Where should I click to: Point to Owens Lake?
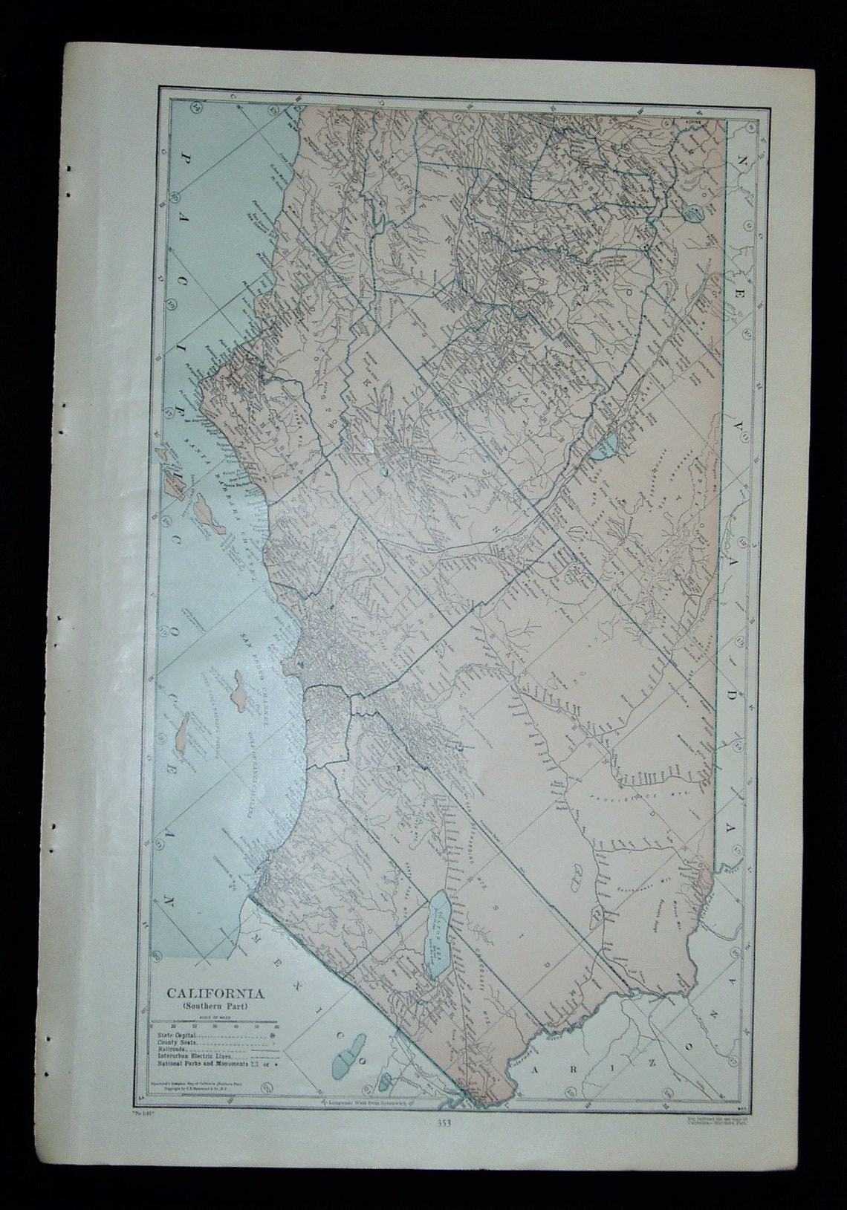(x=605, y=445)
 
